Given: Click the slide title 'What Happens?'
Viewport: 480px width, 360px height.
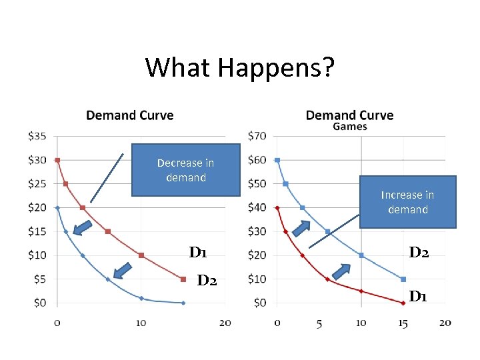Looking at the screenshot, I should (240, 67).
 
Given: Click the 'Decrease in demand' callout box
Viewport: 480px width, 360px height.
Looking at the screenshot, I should (185, 170).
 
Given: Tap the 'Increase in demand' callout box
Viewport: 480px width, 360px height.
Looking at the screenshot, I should (407, 202).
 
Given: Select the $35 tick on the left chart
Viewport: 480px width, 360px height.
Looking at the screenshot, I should (37, 136).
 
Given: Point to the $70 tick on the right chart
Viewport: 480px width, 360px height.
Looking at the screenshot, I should (257, 136).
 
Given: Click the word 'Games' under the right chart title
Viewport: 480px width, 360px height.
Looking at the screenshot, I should (349, 126).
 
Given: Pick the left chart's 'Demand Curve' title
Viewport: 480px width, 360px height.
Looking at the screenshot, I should (130, 115).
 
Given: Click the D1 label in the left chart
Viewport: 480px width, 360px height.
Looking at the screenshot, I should (198, 253).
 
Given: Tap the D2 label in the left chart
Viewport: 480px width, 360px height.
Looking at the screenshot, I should (207, 280).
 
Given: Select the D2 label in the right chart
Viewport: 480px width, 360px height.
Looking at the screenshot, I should (419, 253).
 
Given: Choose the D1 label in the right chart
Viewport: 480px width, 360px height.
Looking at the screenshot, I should (418, 296).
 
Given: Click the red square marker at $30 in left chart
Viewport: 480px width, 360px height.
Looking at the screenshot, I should (57, 160).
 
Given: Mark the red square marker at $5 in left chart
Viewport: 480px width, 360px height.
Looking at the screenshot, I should (183, 279).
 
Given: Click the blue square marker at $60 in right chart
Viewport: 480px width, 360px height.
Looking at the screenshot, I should (277, 160).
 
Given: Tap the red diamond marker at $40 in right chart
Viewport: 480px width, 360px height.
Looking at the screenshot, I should (277, 207).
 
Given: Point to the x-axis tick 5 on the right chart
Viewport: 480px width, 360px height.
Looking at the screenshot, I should (319, 323).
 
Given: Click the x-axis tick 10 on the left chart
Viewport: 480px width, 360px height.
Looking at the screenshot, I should (141, 323).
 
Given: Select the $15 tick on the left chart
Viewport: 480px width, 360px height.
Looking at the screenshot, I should (37, 231).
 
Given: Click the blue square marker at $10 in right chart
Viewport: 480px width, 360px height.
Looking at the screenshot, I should (403, 279).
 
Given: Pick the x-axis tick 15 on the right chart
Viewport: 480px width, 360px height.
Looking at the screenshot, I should (403, 323).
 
